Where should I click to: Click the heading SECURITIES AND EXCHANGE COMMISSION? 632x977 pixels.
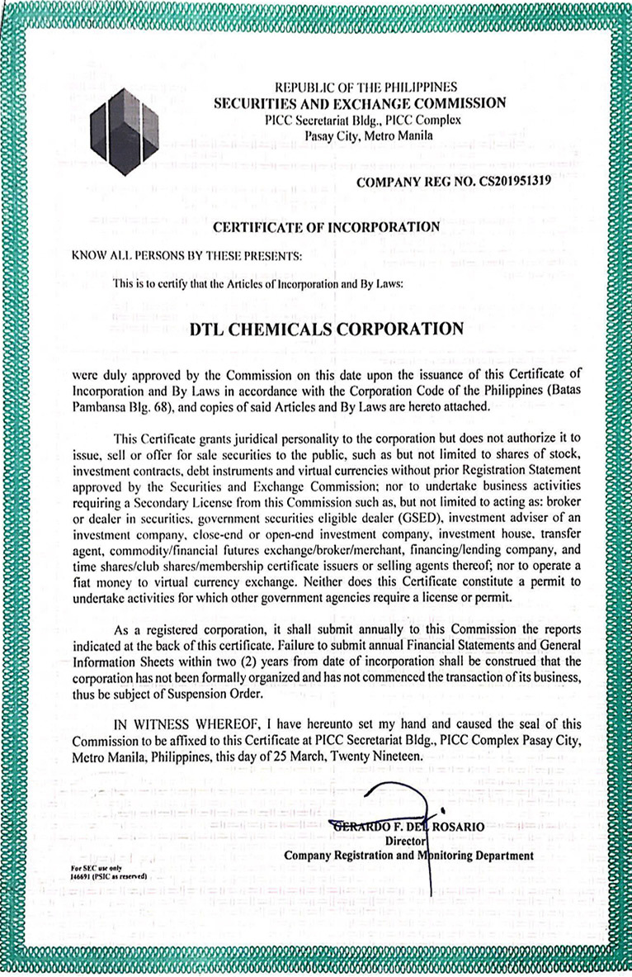360,103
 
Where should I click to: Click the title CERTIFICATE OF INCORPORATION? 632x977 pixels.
327,226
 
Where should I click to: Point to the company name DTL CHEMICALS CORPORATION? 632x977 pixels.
327,329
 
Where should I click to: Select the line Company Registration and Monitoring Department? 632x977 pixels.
408,856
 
